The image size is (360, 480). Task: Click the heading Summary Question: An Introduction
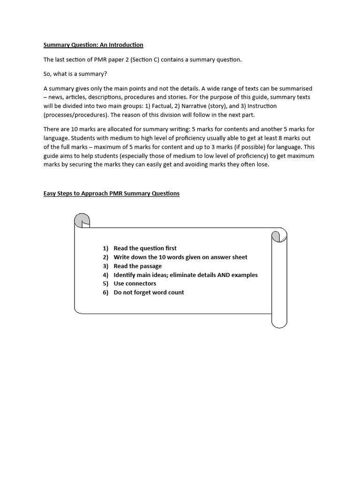(x=93, y=45)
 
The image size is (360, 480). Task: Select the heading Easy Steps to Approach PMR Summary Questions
(x=112, y=193)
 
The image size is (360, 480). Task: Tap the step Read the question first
(x=145, y=248)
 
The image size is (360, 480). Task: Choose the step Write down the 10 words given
(x=180, y=257)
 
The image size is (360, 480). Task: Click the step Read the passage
(x=138, y=266)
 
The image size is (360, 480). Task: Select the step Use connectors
(x=135, y=284)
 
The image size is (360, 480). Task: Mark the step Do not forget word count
(x=149, y=292)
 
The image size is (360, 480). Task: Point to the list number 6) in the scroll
(x=105, y=292)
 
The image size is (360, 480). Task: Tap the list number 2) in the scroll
(x=105, y=257)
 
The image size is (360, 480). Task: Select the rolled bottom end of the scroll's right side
(x=279, y=320)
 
